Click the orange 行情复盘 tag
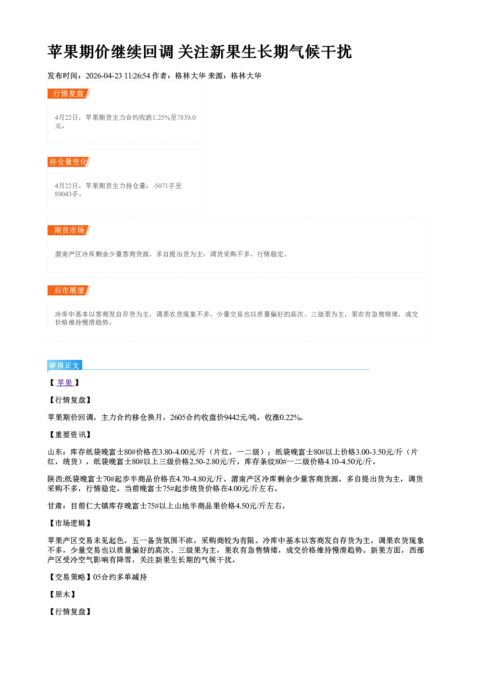click(69, 93)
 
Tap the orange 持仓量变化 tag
click(69, 162)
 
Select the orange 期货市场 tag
click(69, 230)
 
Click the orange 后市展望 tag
click(69, 290)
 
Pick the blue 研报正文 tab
click(64, 365)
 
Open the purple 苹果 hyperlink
click(65, 382)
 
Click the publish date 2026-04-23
click(104, 76)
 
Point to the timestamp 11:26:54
click(137, 76)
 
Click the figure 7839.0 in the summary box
click(187, 117)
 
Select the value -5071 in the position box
click(160, 186)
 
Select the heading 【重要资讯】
click(69, 434)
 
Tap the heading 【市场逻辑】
click(69, 523)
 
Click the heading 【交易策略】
click(70, 577)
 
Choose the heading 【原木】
click(62, 594)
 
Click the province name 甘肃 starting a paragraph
click(55, 506)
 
